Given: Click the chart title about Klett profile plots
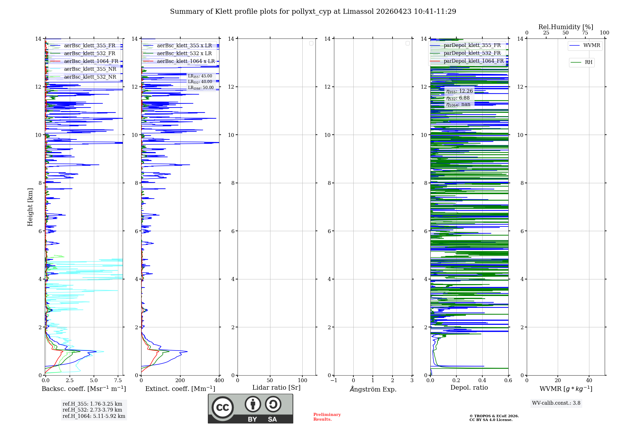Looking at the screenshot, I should (x=313, y=12).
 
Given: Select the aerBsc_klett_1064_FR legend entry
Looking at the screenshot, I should (x=91, y=61).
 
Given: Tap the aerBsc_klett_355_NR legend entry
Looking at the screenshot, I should (x=90, y=69).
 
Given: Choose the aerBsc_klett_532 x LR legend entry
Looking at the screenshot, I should (x=184, y=54).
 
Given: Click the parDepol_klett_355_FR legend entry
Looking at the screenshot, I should (x=472, y=45).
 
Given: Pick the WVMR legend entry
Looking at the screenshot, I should (x=592, y=45).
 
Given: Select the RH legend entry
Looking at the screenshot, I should (x=588, y=62).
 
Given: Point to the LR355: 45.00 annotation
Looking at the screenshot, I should (x=200, y=76).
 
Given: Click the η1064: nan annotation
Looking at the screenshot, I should (x=458, y=105).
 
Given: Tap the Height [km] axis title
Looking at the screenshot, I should (x=30, y=207).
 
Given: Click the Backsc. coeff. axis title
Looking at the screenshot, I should (x=84, y=389).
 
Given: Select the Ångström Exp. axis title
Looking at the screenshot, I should (x=373, y=389).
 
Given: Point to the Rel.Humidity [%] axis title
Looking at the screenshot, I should (x=566, y=27).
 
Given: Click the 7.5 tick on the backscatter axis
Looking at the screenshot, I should (x=118, y=381).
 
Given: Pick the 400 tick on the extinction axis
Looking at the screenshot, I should (x=219, y=381).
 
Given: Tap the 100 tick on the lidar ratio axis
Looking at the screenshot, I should (x=302, y=381).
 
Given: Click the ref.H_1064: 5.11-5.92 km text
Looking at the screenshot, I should (x=94, y=416).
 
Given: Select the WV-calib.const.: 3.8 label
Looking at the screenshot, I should (x=556, y=403).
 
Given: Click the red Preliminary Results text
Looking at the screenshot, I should (x=327, y=417).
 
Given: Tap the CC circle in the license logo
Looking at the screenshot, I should (x=223, y=408).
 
